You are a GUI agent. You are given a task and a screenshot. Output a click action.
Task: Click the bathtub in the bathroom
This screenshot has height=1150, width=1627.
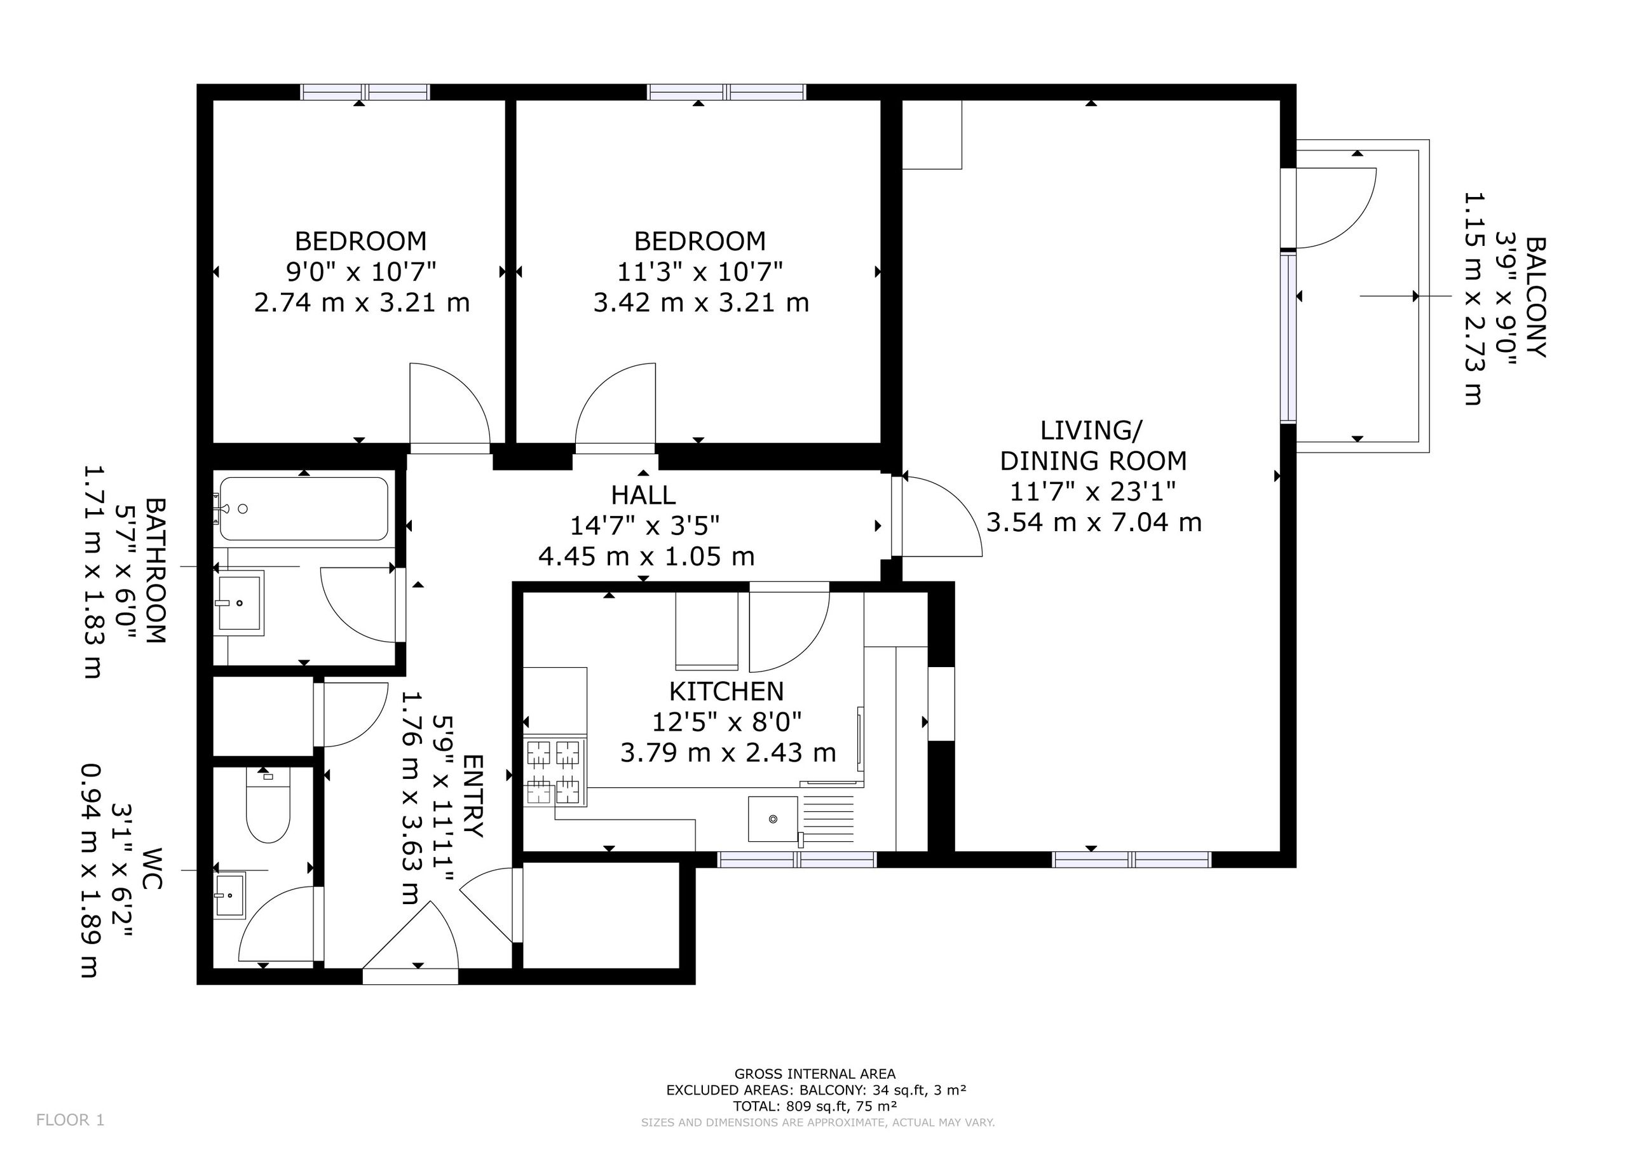click(304, 509)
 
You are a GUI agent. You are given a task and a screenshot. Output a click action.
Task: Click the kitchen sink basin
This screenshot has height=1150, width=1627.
click(773, 819)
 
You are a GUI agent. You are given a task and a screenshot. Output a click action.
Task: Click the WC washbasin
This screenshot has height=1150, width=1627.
click(229, 896)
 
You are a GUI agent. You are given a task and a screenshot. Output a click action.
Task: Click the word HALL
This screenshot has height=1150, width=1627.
click(643, 494)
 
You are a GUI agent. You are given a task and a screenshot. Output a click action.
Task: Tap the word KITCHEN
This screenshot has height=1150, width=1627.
click(726, 691)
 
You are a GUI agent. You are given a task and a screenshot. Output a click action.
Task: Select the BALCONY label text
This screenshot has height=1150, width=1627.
click(1535, 297)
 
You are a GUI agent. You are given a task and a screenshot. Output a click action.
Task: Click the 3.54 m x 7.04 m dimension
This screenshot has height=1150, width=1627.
click(1093, 522)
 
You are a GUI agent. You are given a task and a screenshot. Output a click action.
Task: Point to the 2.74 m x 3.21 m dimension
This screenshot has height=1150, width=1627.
click(362, 302)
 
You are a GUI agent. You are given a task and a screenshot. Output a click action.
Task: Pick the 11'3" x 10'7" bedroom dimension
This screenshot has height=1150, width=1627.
click(700, 271)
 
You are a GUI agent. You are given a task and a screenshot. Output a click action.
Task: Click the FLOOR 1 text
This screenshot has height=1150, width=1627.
click(70, 1120)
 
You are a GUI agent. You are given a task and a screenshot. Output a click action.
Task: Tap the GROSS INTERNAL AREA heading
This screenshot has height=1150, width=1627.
click(815, 1074)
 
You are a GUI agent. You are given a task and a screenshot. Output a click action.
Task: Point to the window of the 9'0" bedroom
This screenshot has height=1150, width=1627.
click(365, 92)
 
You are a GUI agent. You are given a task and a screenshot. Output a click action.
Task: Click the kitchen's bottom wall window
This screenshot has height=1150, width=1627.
click(797, 860)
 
